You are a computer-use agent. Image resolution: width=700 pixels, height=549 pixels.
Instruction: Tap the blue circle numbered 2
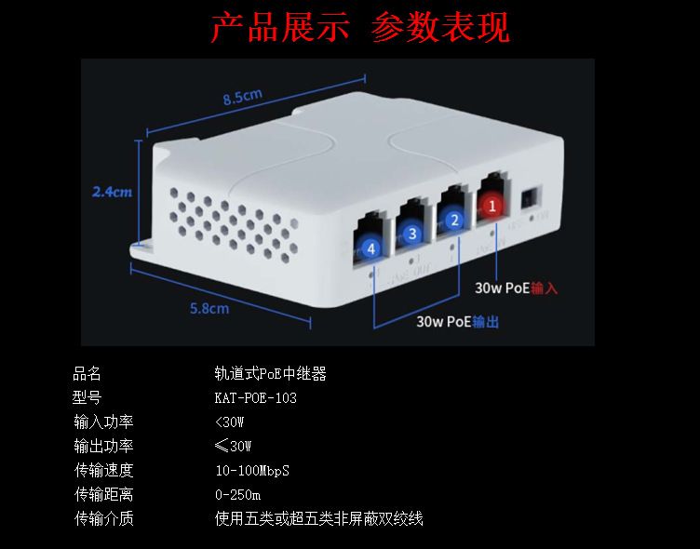[453, 221]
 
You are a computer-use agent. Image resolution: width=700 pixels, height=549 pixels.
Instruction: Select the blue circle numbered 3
[412, 234]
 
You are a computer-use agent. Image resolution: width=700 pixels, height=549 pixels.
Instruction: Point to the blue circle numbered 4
[371, 248]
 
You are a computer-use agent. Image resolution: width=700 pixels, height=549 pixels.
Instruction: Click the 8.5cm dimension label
[242, 96]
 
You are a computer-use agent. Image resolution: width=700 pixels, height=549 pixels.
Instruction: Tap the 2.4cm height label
[112, 192]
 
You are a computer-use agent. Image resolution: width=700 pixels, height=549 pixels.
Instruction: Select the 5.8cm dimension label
[209, 308]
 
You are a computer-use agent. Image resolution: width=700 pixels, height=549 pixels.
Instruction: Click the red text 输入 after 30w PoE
[544, 288]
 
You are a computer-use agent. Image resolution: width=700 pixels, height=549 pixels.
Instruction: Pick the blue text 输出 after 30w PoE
[485, 321]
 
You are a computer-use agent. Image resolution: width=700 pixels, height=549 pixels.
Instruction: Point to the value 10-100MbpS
[251, 470]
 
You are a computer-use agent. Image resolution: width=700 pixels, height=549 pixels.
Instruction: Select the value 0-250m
[237, 494]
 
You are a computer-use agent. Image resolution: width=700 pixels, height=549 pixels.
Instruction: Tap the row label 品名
[88, 374]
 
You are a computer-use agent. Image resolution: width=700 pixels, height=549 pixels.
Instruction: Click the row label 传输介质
[104, 518]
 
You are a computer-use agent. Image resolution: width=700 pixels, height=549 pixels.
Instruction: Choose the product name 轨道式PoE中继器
[270, 374]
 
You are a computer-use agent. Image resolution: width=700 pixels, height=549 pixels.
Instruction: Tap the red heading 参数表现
[440, 29]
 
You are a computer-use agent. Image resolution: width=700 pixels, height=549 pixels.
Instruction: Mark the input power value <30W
[229, 422]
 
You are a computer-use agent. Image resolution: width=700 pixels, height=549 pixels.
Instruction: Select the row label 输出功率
[104, 446]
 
